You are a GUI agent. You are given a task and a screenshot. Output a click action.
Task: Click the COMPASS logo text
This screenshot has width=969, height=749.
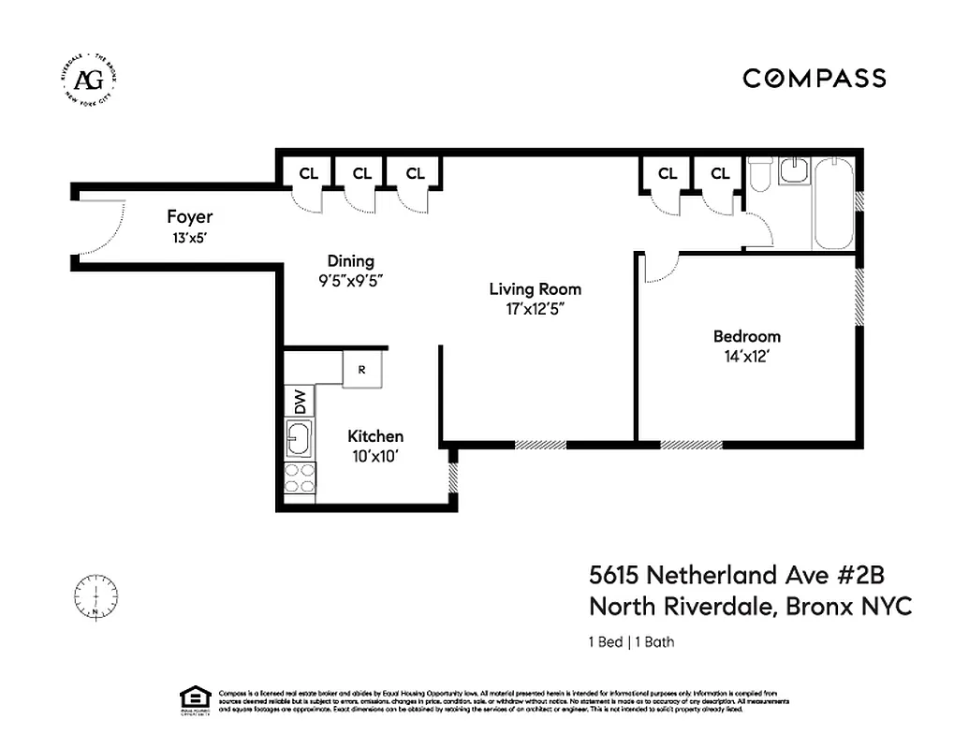click(x=814, y=79)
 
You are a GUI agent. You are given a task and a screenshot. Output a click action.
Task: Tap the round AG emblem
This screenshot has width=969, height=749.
click(x=90, y=79)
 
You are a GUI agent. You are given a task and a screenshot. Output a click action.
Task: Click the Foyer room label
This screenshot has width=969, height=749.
click(x=190, y=218)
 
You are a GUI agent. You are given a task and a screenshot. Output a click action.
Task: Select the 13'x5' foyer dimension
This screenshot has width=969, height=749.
click(x=189, y=238)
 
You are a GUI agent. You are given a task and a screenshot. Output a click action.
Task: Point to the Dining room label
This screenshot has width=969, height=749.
click(x=350, y=261)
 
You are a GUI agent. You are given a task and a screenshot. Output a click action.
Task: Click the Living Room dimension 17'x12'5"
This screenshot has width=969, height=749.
click(x=535, y=308)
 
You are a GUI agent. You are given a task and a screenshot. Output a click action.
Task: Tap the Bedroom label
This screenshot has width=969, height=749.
click(x=746, y=336)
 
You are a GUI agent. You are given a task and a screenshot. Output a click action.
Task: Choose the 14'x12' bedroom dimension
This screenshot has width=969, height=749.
click(x=746, y=356)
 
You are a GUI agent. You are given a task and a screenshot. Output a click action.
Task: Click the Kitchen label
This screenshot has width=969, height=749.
click(x=375, y=436)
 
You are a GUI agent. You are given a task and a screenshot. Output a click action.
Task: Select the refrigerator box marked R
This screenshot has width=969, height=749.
click(x=361, y=369)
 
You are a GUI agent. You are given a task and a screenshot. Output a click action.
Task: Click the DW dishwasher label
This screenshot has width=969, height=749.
click(x=300, y=402)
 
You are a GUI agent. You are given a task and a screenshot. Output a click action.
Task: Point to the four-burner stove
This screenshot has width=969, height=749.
click(x=301, y=478)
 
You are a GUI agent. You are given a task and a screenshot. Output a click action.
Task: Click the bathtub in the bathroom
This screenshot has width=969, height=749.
click(x=832, y=203)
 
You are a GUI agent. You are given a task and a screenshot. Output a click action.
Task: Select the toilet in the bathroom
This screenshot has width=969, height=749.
click(x=759, y=175)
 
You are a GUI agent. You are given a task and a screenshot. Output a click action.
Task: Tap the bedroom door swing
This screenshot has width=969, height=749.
click(x=659, y=268)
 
